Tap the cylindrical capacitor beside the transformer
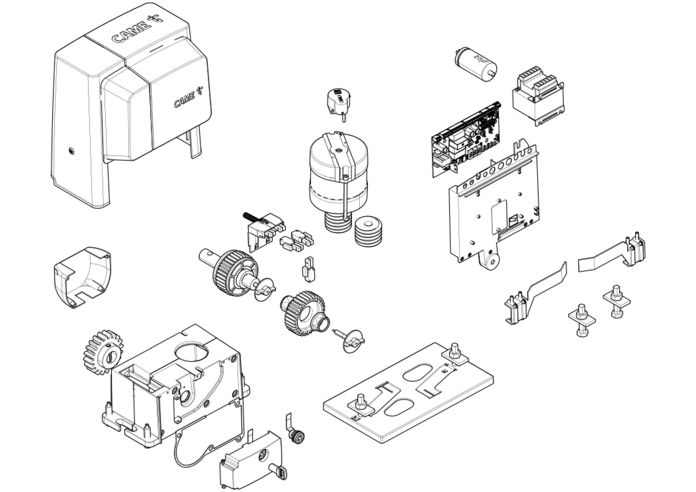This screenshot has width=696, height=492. tap(474, 63)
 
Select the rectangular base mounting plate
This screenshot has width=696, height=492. tap(408, 393)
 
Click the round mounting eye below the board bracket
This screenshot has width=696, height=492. tap(490, 261)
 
